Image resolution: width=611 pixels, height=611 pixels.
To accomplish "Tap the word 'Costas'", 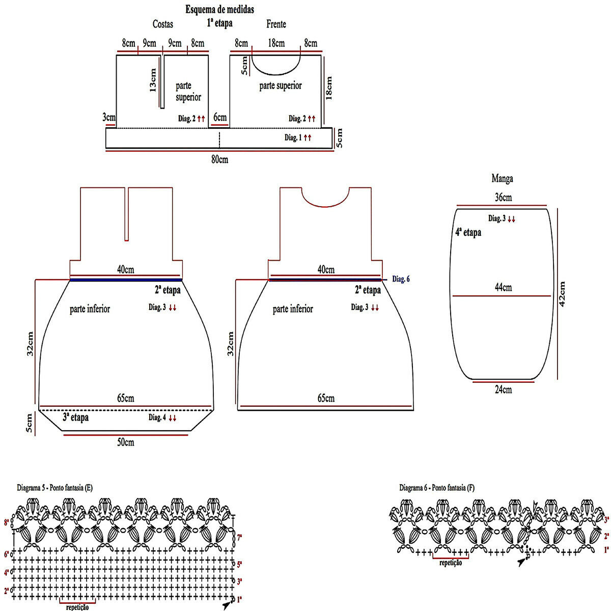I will coord(163,24).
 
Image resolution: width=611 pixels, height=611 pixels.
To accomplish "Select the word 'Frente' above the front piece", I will coord(276,24).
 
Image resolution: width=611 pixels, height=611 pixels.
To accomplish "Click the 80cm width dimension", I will coord(219,159).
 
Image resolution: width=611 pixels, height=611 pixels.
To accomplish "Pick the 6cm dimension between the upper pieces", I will coord(220,118).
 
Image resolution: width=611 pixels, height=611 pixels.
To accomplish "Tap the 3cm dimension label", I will coord(109,117).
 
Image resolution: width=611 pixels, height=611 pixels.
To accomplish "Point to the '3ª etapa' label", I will coord(76,417).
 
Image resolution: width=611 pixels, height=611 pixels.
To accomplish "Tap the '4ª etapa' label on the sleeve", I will coord(468,233).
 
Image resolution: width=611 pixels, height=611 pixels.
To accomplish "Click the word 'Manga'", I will coord(502,178).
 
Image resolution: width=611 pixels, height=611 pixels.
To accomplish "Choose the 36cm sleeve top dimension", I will coord(503,197).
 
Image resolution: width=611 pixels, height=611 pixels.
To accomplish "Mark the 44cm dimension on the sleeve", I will coord(503,288).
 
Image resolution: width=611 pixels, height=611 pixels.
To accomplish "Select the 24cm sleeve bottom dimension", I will coord(503,390).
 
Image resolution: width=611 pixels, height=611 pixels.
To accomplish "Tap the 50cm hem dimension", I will coord(126,442).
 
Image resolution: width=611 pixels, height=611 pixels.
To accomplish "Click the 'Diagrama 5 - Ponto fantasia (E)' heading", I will coord(55,487).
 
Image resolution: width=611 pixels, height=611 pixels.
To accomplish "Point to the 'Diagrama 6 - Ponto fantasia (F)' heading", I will coord(437,488).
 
